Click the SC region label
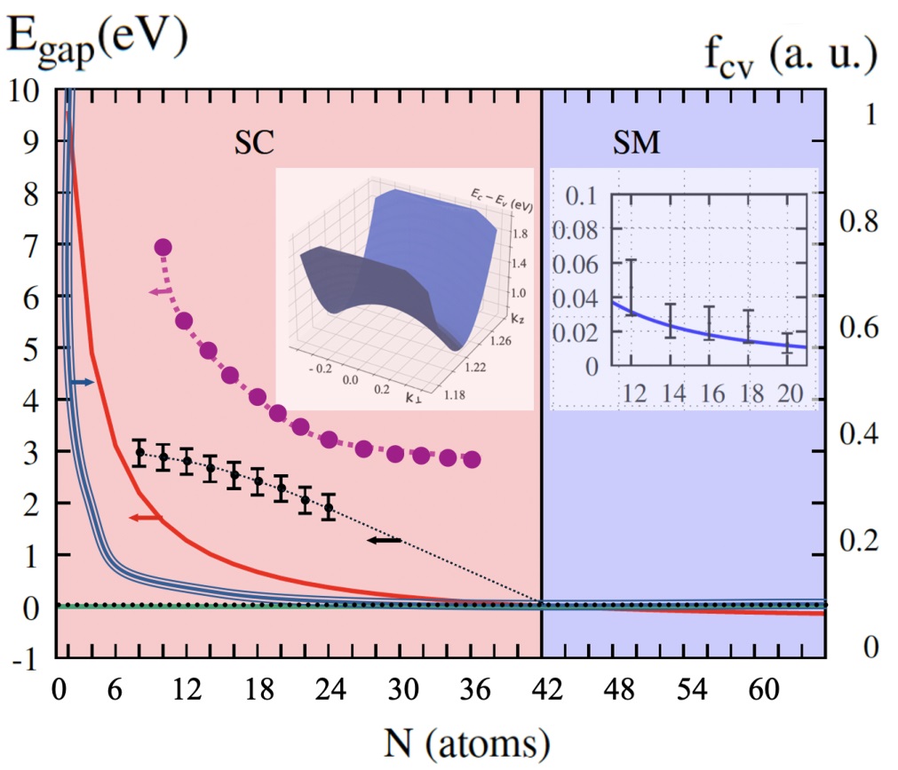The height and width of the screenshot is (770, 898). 254,143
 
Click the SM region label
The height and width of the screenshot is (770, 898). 636,143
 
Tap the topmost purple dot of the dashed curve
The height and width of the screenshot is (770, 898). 163,247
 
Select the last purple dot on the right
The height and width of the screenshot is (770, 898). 472,459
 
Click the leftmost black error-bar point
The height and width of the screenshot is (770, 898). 139,452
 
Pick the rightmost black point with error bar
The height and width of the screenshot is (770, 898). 328,507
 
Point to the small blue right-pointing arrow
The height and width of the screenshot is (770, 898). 82,382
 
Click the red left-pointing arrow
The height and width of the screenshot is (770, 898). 146,518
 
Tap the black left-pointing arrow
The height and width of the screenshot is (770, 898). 384,540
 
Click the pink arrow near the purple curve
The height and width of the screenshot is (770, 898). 160,292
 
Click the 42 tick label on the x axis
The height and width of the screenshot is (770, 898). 547,689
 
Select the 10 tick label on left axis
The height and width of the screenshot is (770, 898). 25,91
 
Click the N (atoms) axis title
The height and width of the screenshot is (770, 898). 466,743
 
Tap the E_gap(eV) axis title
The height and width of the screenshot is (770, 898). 98,39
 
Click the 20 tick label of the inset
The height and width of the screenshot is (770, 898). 790,393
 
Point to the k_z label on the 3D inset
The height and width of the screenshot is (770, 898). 517,318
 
